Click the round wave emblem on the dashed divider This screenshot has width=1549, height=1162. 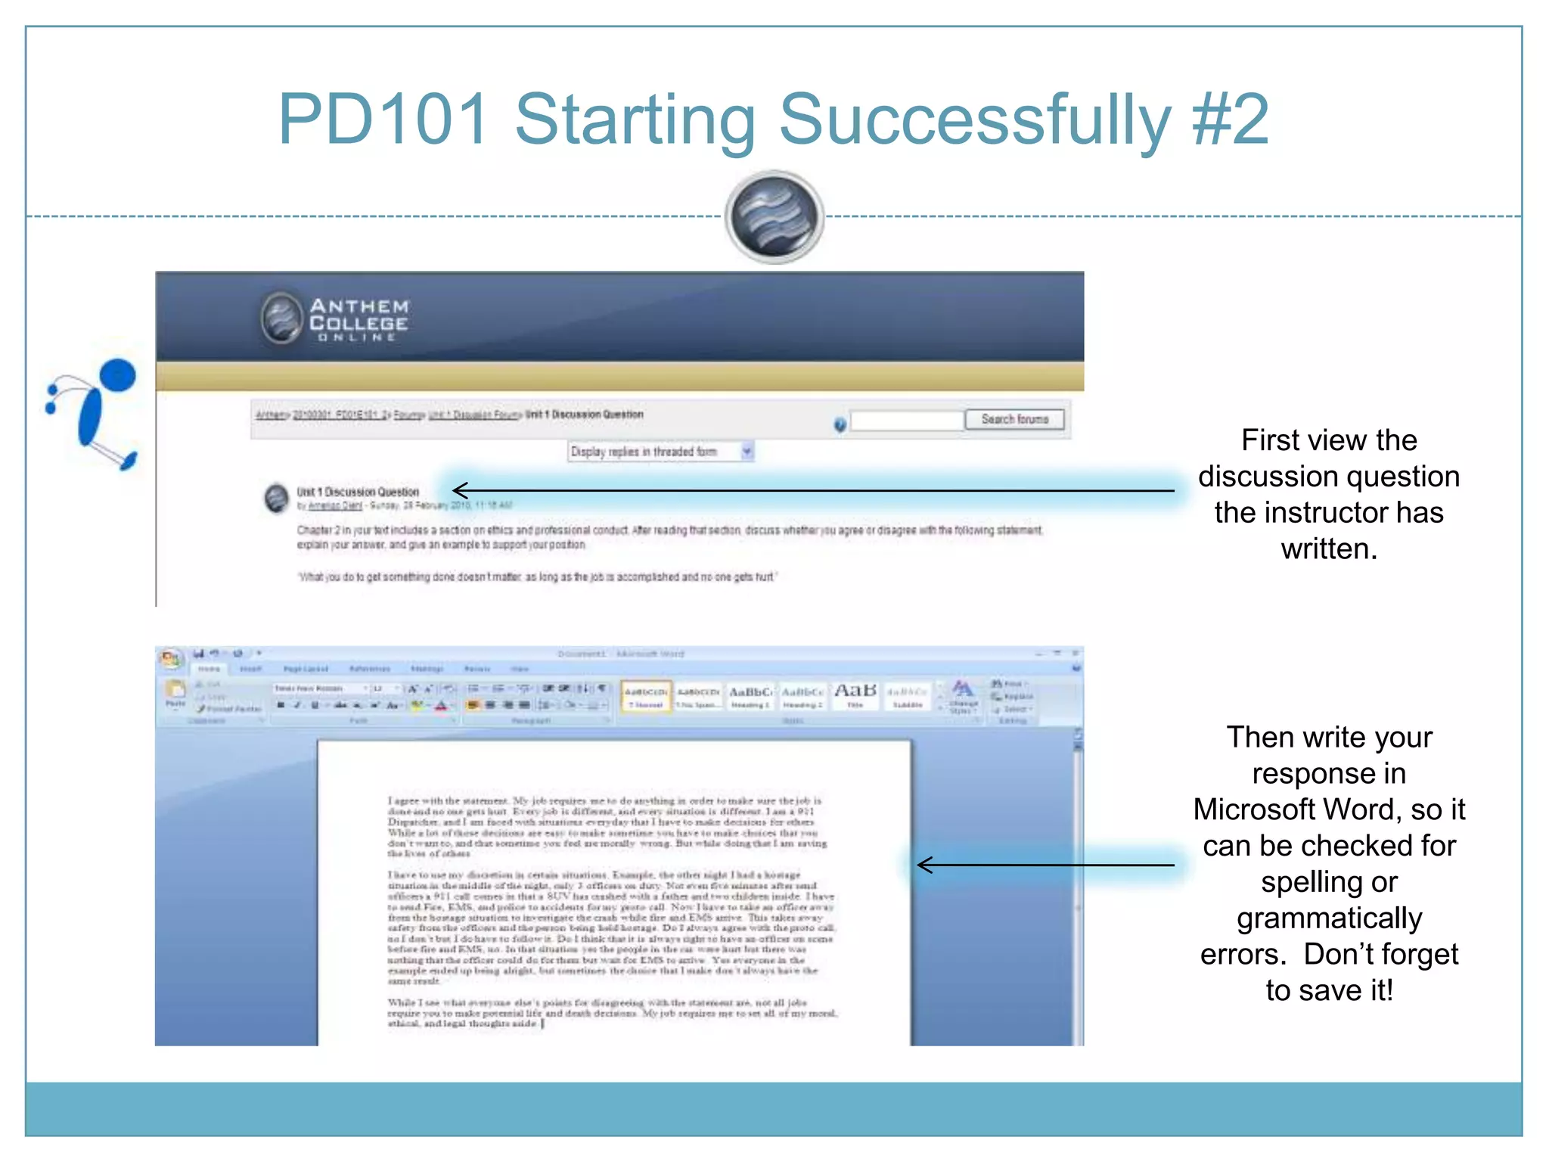[x=774, y=217]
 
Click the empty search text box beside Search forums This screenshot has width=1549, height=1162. [x=906, y=420]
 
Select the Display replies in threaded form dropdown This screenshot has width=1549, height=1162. [x=660, y=452]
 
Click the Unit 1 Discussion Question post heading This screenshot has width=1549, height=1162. [x=358, y=492]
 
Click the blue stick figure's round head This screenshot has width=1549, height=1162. [x=117, y=376]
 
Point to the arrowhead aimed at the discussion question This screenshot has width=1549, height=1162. [x=458, y=490]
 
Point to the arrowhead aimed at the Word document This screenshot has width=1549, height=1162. [x=923, y=865]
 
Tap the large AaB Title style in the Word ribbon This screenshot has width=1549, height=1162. [x=855, y=692]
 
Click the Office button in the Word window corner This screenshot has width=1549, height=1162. [x=171, y=658]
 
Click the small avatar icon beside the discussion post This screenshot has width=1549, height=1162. [x=276, y=498]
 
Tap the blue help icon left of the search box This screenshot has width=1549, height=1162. [x=840, y=424]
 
